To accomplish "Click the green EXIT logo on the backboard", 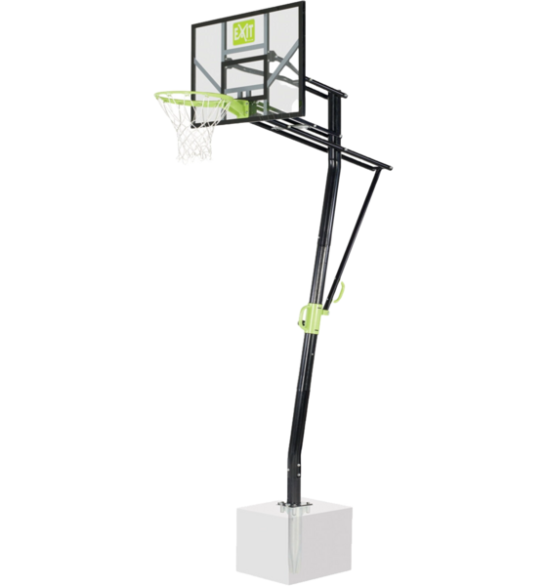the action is pyautogui.click(x=243, y=32).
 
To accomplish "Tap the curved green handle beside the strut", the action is pyautogui.click(x=340, y=292).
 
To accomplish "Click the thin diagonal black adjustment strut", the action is pyautogui.click(x=352, y=239).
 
